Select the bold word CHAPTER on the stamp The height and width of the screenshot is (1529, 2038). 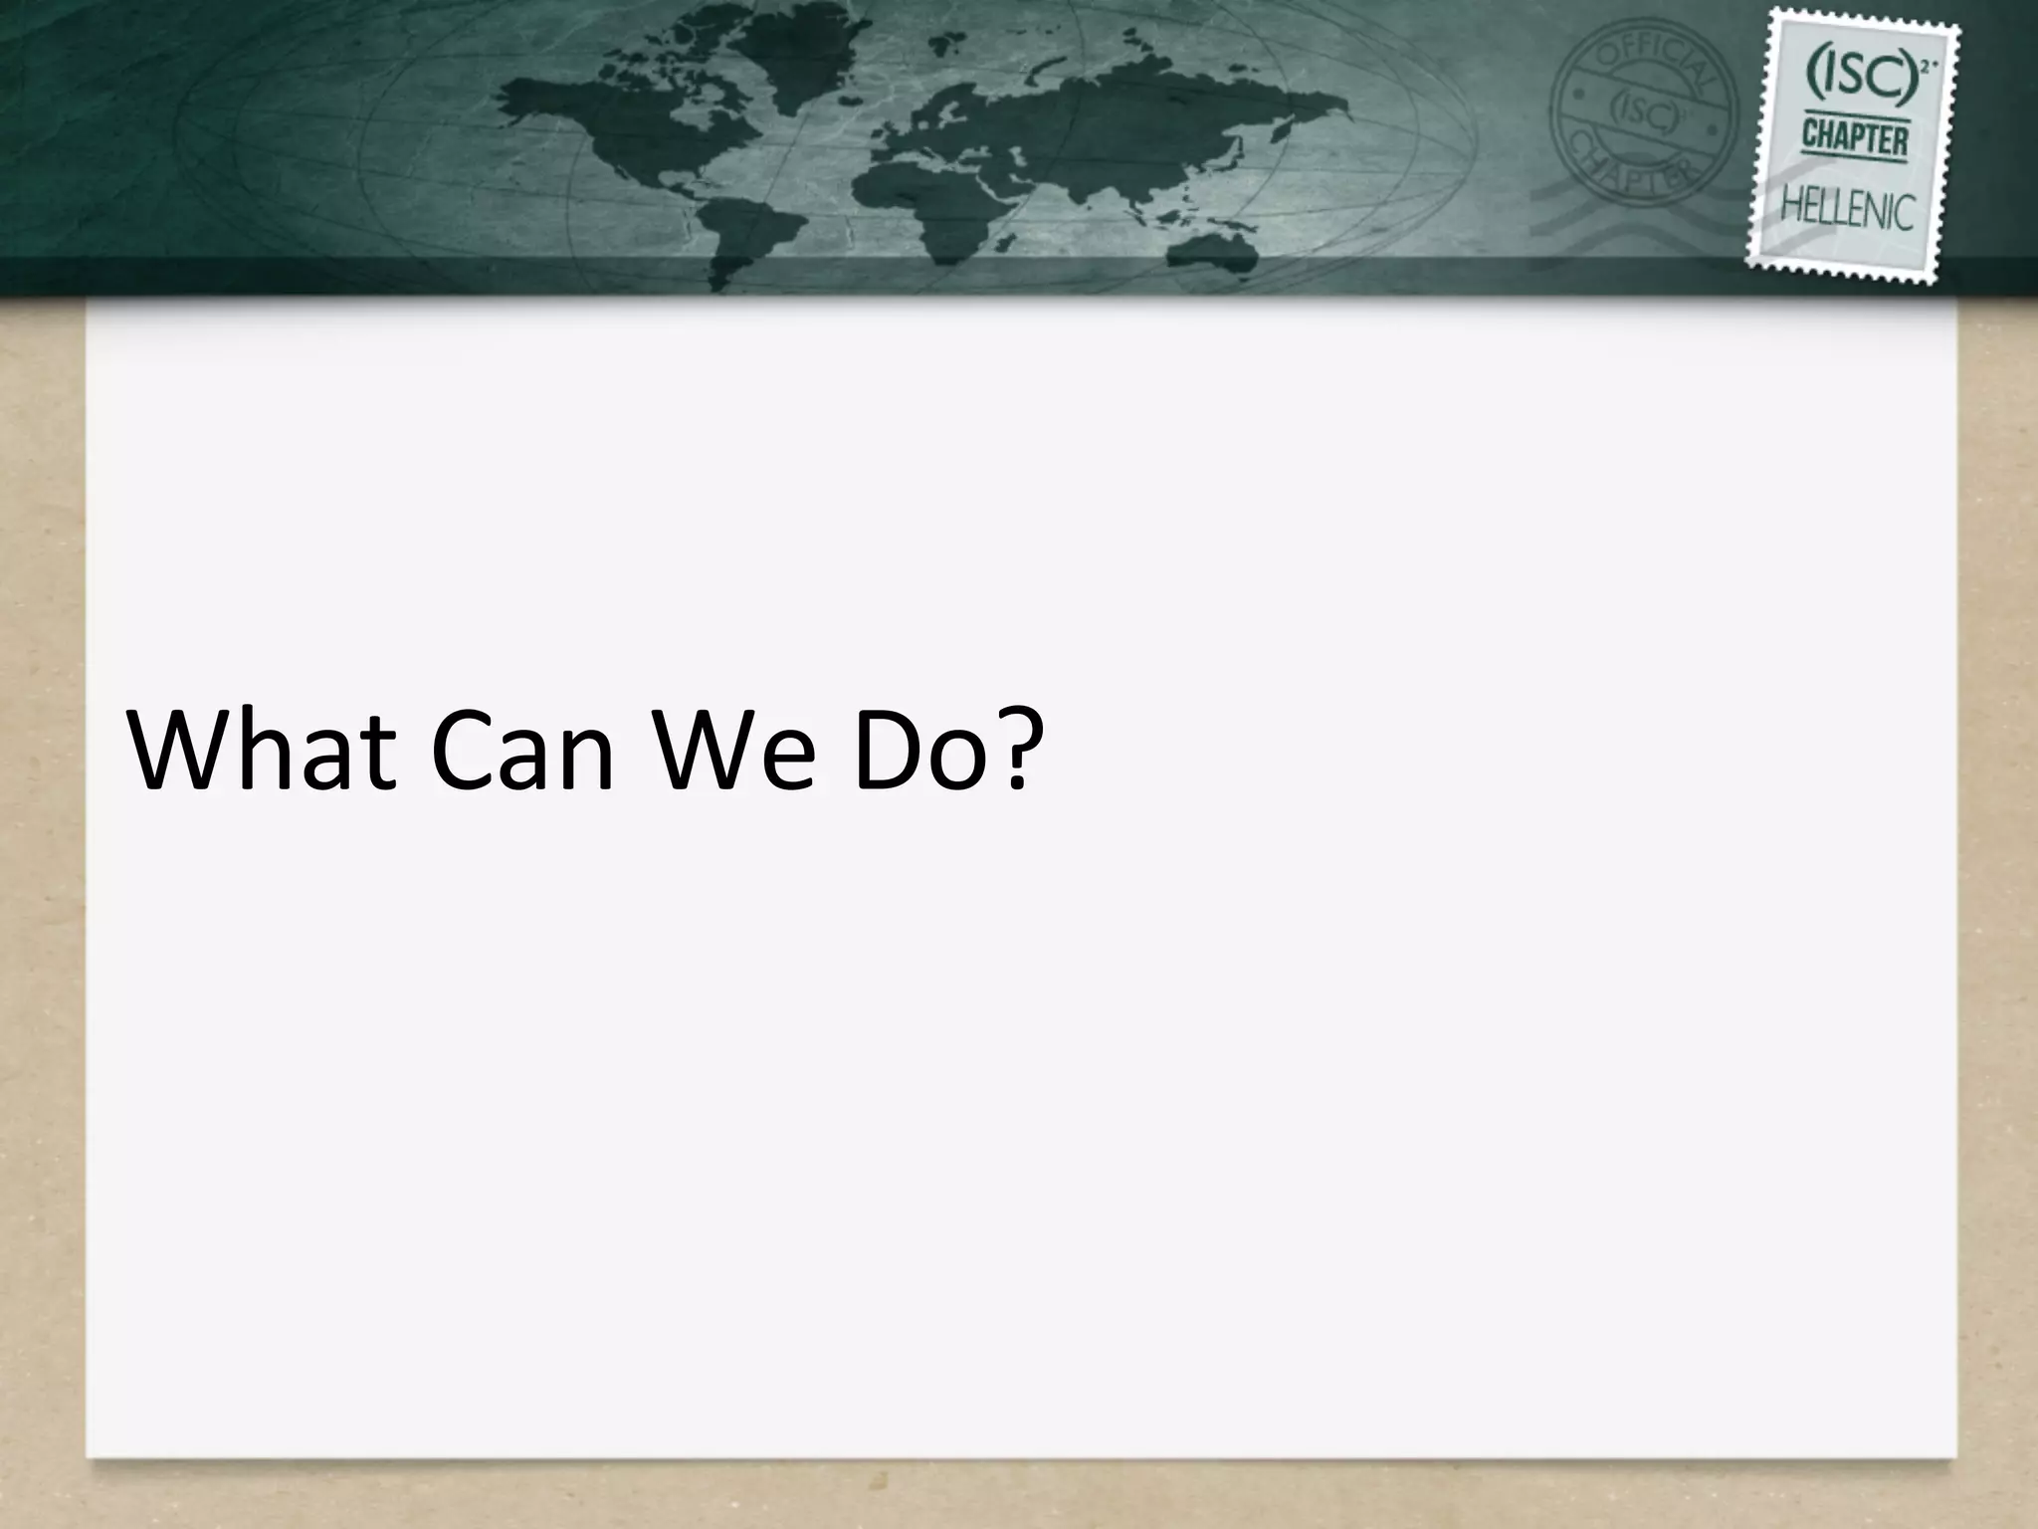[x=1854, y=140]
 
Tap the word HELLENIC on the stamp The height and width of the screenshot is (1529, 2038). [x=1847, y=210]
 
